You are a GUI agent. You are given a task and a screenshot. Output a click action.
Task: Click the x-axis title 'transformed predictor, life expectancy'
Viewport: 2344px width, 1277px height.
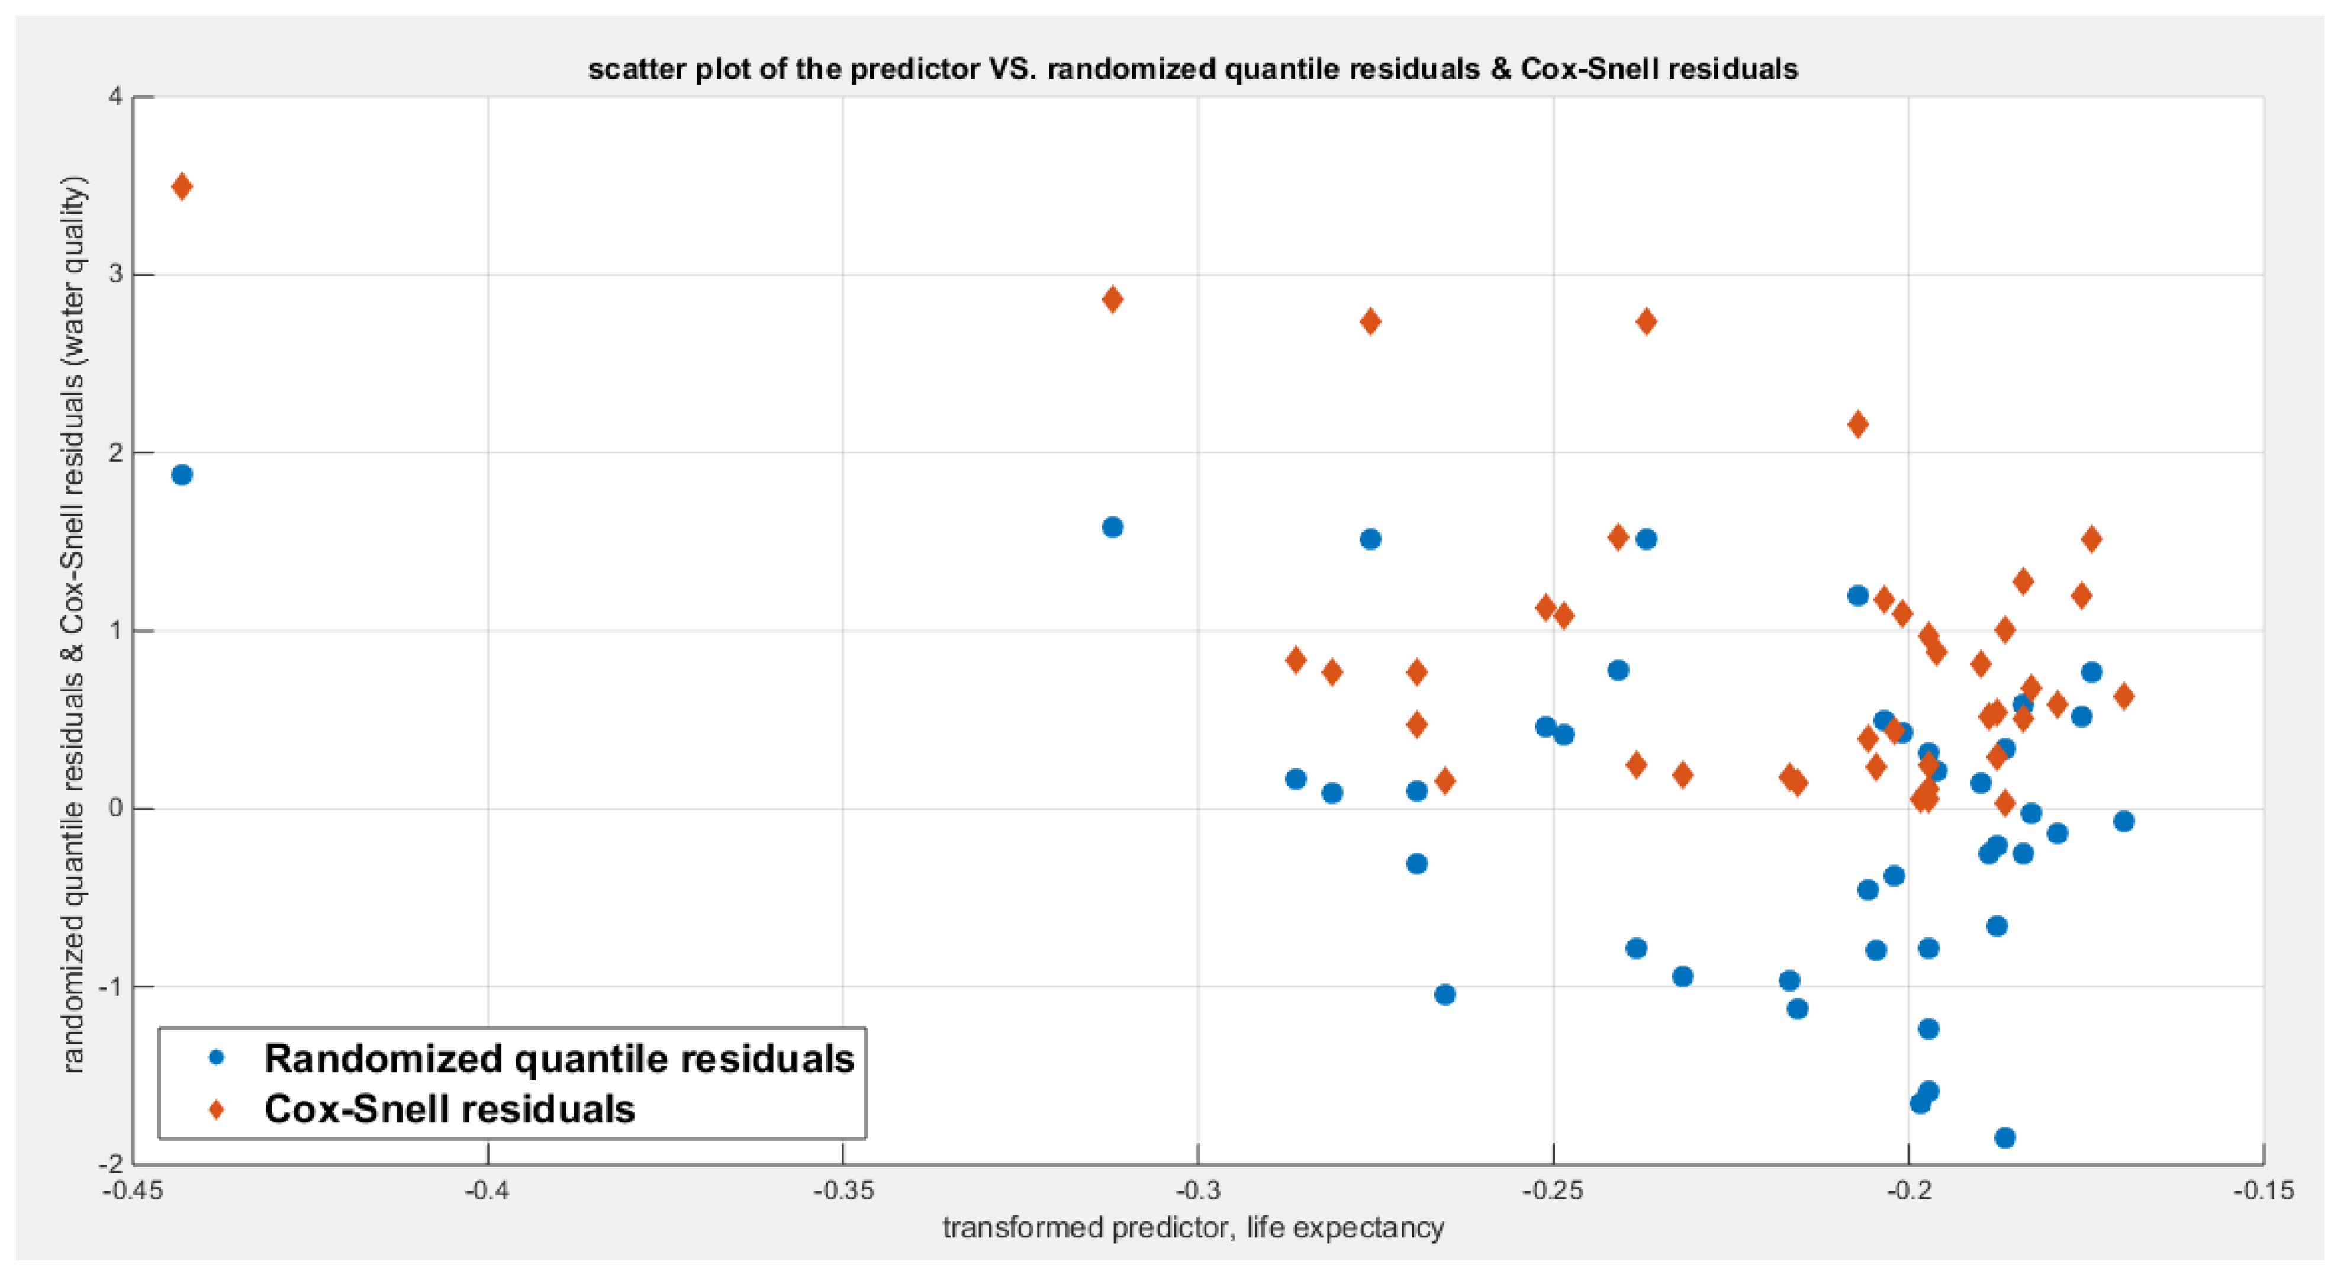click(x=1193, y=1228)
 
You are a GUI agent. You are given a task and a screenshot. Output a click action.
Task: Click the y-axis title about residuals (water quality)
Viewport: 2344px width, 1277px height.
click(x=74, y=625)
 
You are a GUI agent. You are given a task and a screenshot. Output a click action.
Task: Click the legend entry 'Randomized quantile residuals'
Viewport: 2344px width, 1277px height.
click(x=558, y=1059)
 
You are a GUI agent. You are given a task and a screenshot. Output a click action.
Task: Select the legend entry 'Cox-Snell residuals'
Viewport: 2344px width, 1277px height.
click(x=449, y=1109)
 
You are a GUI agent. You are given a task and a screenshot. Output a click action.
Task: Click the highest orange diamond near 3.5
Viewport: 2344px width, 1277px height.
click(x=182, y=186)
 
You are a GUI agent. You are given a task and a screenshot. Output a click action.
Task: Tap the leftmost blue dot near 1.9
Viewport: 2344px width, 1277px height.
click(x=182, y=474)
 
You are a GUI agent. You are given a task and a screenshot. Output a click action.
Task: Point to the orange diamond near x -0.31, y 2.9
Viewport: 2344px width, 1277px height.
click(x=1112, y=300)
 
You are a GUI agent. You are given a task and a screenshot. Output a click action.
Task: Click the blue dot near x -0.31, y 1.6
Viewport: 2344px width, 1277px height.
click(x=1112, y=527)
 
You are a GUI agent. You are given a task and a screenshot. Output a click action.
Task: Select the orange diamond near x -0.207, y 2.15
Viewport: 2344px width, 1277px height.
click(x=1858, y=424)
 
